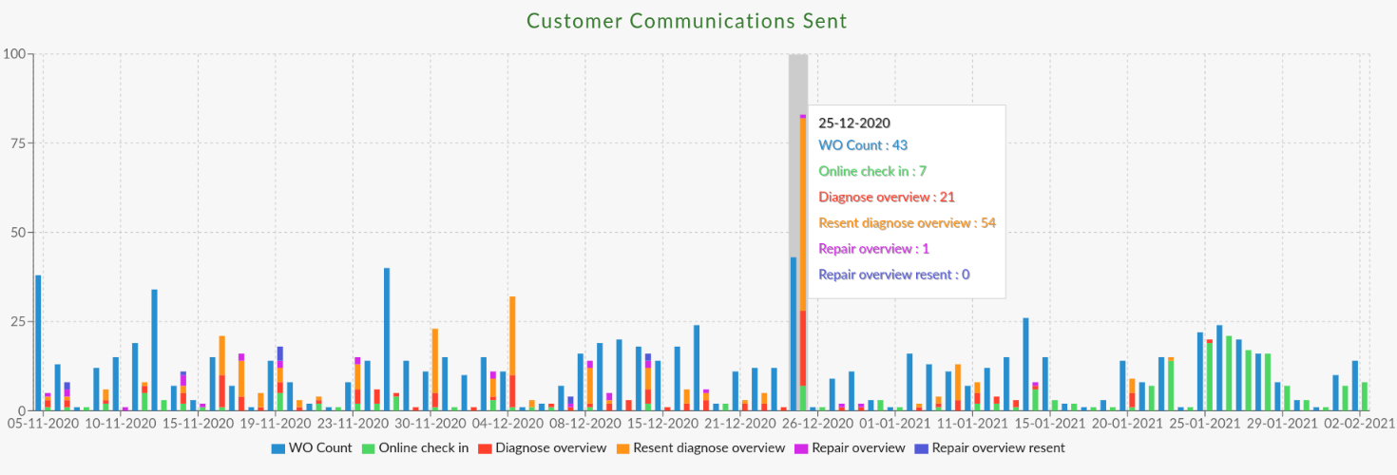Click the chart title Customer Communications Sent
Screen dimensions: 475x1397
686,20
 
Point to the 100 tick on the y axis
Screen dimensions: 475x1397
15,54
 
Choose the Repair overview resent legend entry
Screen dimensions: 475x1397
989,447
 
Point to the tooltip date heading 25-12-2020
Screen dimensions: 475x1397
854,123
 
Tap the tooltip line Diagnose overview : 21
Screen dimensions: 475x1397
887,198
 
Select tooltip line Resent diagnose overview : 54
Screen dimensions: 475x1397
907,223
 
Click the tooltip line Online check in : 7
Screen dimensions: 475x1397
872,171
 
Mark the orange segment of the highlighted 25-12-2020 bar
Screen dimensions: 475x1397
803,214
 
